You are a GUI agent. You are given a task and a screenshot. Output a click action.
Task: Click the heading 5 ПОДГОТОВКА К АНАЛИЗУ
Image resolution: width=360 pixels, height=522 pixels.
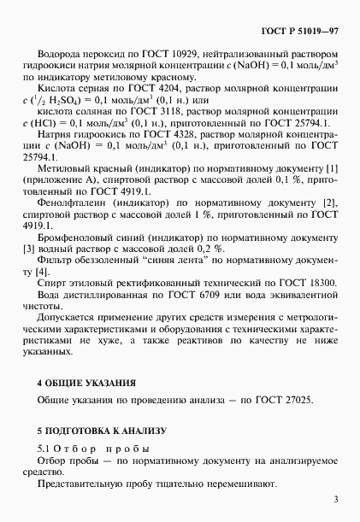[x=99, y=431]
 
